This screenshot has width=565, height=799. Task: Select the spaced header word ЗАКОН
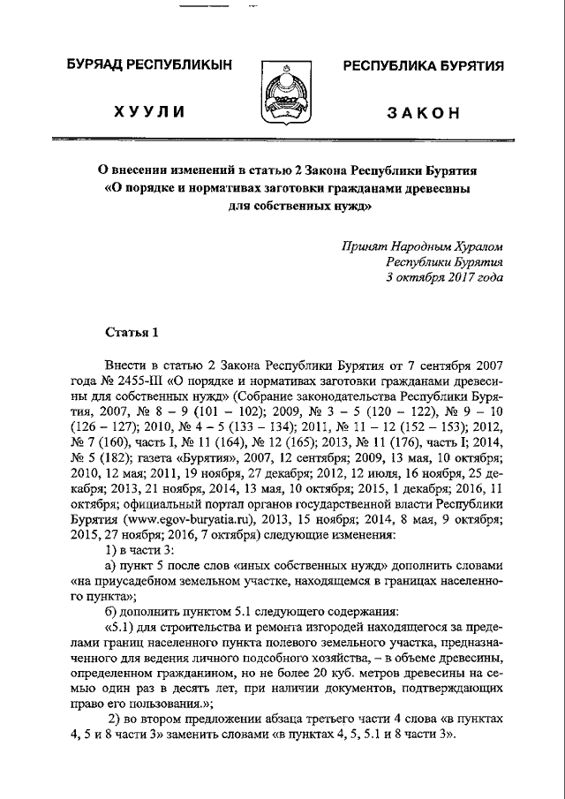pos(423,112)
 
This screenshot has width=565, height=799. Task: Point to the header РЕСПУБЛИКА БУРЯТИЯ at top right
pos(423,65)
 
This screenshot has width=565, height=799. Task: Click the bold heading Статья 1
pos(132,332)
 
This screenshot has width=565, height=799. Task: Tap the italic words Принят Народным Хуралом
pos(423,248)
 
